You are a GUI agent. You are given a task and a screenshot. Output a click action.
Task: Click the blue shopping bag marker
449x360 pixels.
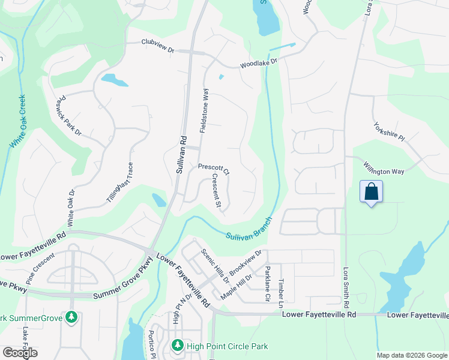[x=372, y=193]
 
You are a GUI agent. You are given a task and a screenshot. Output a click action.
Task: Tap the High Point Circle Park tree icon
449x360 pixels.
[x=177, y=346]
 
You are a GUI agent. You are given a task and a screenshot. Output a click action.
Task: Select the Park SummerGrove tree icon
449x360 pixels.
[x=72, y=317]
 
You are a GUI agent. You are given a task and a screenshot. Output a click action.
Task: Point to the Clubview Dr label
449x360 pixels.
[x=157, y=43]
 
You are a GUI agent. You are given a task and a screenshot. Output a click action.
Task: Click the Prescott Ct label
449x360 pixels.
[x=214, y=169]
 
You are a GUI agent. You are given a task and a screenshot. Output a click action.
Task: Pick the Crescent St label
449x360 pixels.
[x=217, y=192]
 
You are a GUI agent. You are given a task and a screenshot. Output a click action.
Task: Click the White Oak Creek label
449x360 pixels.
[x=17, y=122]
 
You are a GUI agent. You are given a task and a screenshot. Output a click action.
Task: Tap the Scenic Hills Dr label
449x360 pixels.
[x=215, y=266]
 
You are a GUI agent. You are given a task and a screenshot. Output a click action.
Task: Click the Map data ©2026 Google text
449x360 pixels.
[x=412, y=355]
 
